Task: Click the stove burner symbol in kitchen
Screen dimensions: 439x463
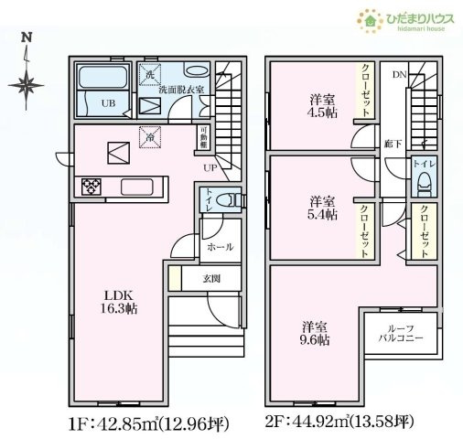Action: [x=92, y=187]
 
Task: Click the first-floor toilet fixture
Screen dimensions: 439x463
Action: [x=232, y=198]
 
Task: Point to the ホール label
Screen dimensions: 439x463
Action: [x=220, y=247]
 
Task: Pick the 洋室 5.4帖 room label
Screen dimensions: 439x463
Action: [x=320, y=207]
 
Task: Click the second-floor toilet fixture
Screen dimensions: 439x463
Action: [x=423, y=184]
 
